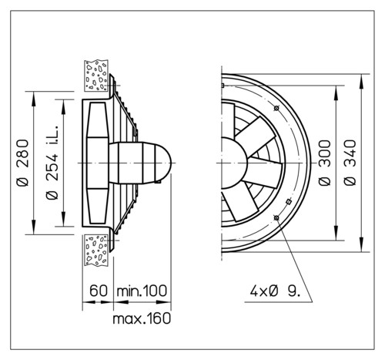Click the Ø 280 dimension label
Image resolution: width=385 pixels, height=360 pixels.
[x=22, y=163]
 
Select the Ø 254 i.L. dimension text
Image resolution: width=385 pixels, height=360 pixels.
[x=52, y=163]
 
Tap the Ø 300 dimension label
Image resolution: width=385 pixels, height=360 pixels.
[x=324, y=163]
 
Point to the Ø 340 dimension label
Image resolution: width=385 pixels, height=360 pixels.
[x=350, y=163]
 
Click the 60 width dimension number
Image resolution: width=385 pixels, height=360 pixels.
[x=99, y=291]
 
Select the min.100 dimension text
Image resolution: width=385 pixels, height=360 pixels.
[x=142, y=291]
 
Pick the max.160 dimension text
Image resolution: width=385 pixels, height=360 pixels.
[x=142, y=318]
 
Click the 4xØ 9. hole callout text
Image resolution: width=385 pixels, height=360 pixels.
[x=275, y=291]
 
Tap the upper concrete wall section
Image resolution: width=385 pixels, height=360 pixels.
[x=96, y=76]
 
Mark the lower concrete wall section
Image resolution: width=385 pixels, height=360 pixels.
[x=96, y=251]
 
